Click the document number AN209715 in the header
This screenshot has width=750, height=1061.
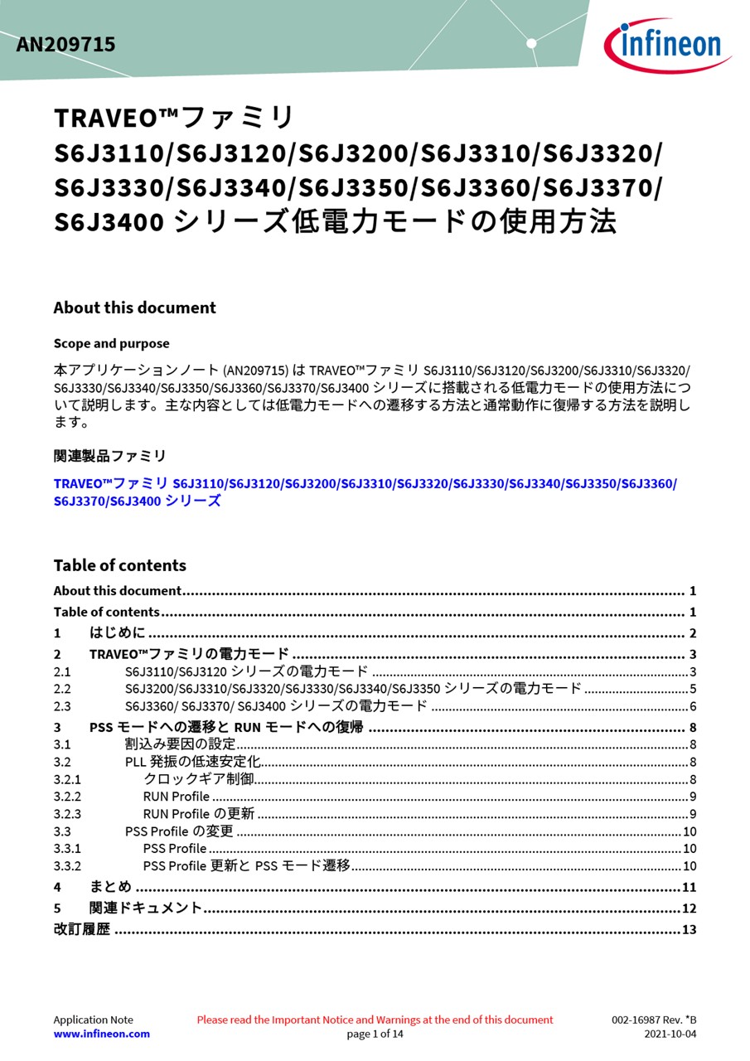65,45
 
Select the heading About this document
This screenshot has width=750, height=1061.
134,308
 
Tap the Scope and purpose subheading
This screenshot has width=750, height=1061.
111,343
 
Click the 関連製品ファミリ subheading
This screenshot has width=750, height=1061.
109,456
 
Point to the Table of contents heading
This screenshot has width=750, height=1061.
119,565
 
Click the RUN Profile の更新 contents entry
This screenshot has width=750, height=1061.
199,813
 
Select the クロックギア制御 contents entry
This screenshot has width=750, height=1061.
198,778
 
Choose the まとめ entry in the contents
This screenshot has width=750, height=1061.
110,887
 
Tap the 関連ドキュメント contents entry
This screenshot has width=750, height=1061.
146,908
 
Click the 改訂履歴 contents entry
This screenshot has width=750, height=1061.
81,929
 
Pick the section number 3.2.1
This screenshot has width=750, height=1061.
67,779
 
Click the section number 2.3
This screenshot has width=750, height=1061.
62,706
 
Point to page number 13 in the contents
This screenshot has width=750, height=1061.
689,929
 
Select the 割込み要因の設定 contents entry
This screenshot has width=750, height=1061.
180,744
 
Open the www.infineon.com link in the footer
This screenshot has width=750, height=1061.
102,1034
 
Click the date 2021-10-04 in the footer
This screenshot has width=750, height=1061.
670,1034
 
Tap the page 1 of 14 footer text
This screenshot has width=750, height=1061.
375,1034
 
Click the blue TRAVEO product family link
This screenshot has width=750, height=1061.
365,483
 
